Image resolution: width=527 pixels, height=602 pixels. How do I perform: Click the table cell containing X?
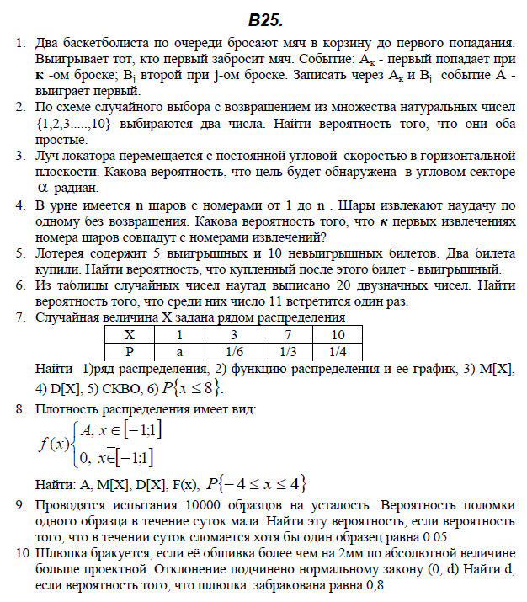pos(129,334)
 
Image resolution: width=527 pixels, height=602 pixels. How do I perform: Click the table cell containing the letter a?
pos(180,349)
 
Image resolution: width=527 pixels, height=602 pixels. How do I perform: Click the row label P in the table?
pos(129,349)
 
